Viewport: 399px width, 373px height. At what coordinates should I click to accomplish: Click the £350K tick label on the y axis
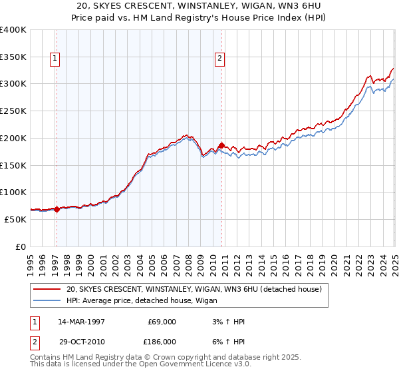click(13, 57)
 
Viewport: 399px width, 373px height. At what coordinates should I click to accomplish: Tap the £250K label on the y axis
click(13, 111)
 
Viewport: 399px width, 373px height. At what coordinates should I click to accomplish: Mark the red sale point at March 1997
click(57, 209)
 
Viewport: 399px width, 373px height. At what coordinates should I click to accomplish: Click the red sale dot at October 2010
click(222, 145)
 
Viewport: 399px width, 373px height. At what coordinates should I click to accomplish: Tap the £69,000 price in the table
click(162, 322)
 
